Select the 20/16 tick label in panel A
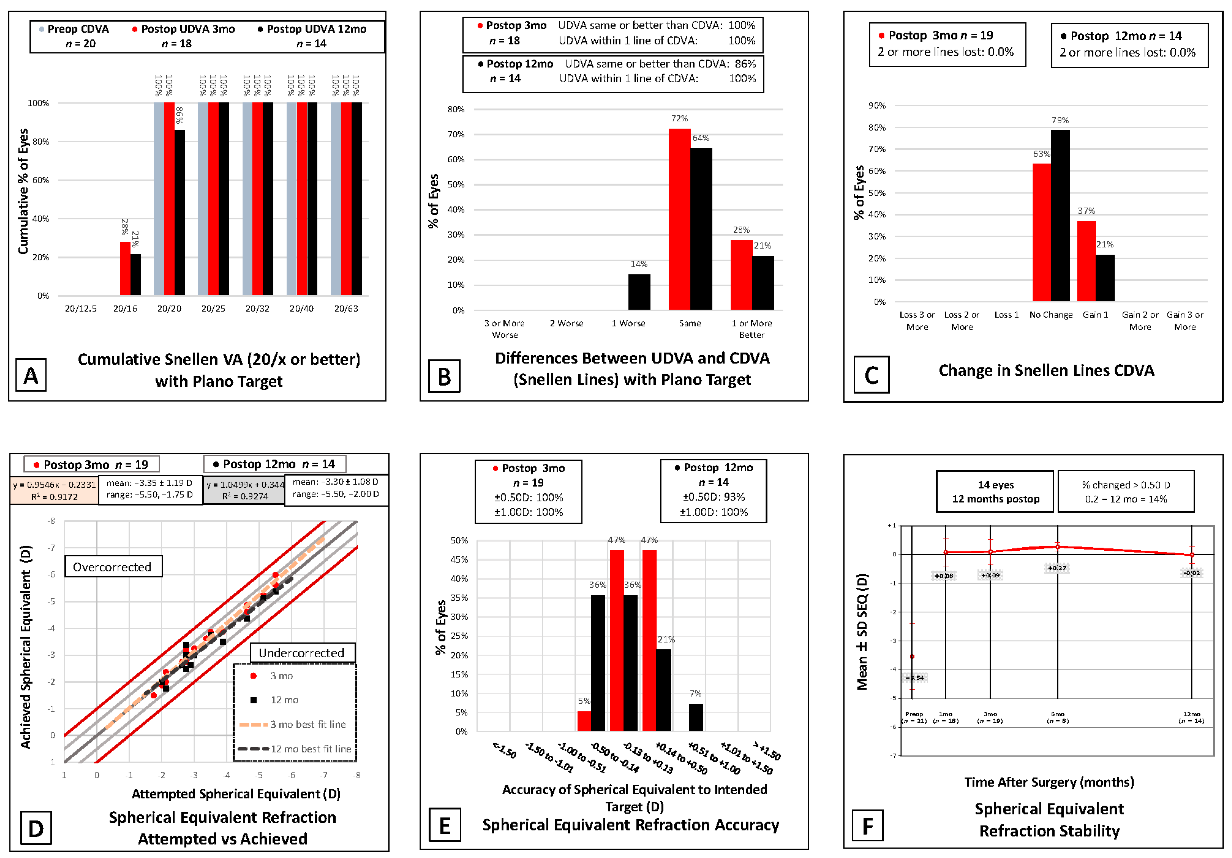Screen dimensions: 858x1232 click(x=125, y=309)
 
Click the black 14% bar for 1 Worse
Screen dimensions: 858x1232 click(x=639, y=292)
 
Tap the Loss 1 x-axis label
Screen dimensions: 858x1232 click(x=1006, y=315)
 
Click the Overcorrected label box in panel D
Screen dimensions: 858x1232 click(x=113, y=567)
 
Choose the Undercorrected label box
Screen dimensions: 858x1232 click(x=302, y=653)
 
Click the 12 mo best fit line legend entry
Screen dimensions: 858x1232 click(x=295, y=748)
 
